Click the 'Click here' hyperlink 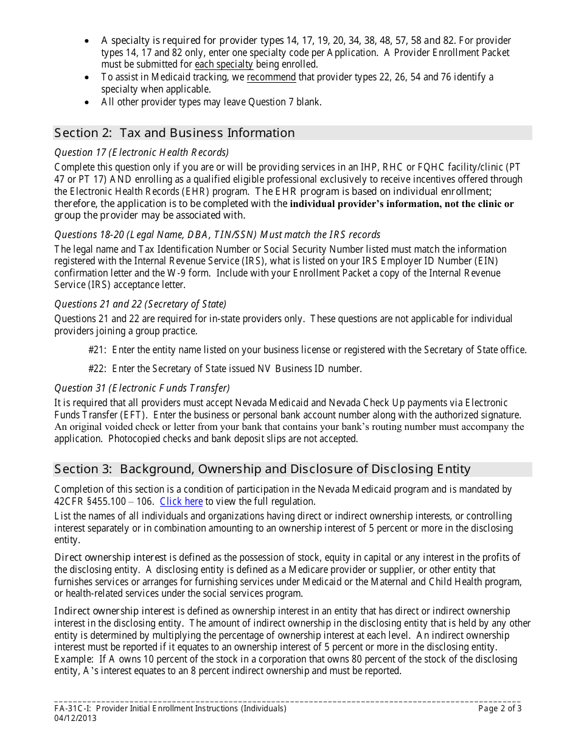[181, 501]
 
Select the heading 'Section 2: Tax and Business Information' [174, 133]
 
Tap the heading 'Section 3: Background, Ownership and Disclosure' [262, 469]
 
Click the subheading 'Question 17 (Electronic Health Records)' [142, 152]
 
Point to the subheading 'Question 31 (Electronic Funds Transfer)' [142, 388]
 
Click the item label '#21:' [98, 350]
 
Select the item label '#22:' [98, 368]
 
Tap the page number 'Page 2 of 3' [500, 708]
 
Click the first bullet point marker [88, 41]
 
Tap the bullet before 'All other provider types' [88, 102]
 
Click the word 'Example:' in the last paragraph [72, 659]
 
